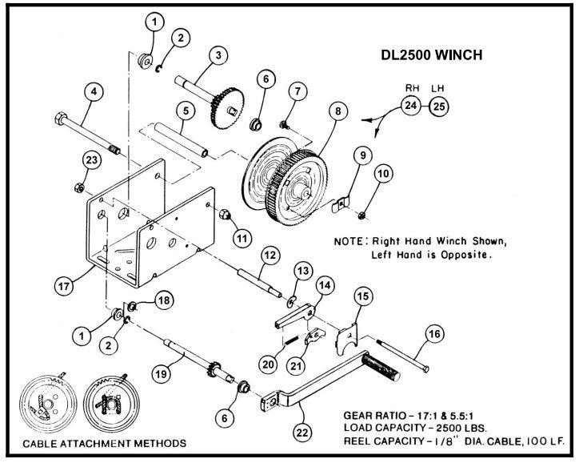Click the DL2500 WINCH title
[433, 57]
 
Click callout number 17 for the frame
[64, 284]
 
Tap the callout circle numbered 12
[270, 255]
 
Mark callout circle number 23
[93, 162]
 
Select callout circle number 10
[384, 173]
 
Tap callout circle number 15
[363, 297]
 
